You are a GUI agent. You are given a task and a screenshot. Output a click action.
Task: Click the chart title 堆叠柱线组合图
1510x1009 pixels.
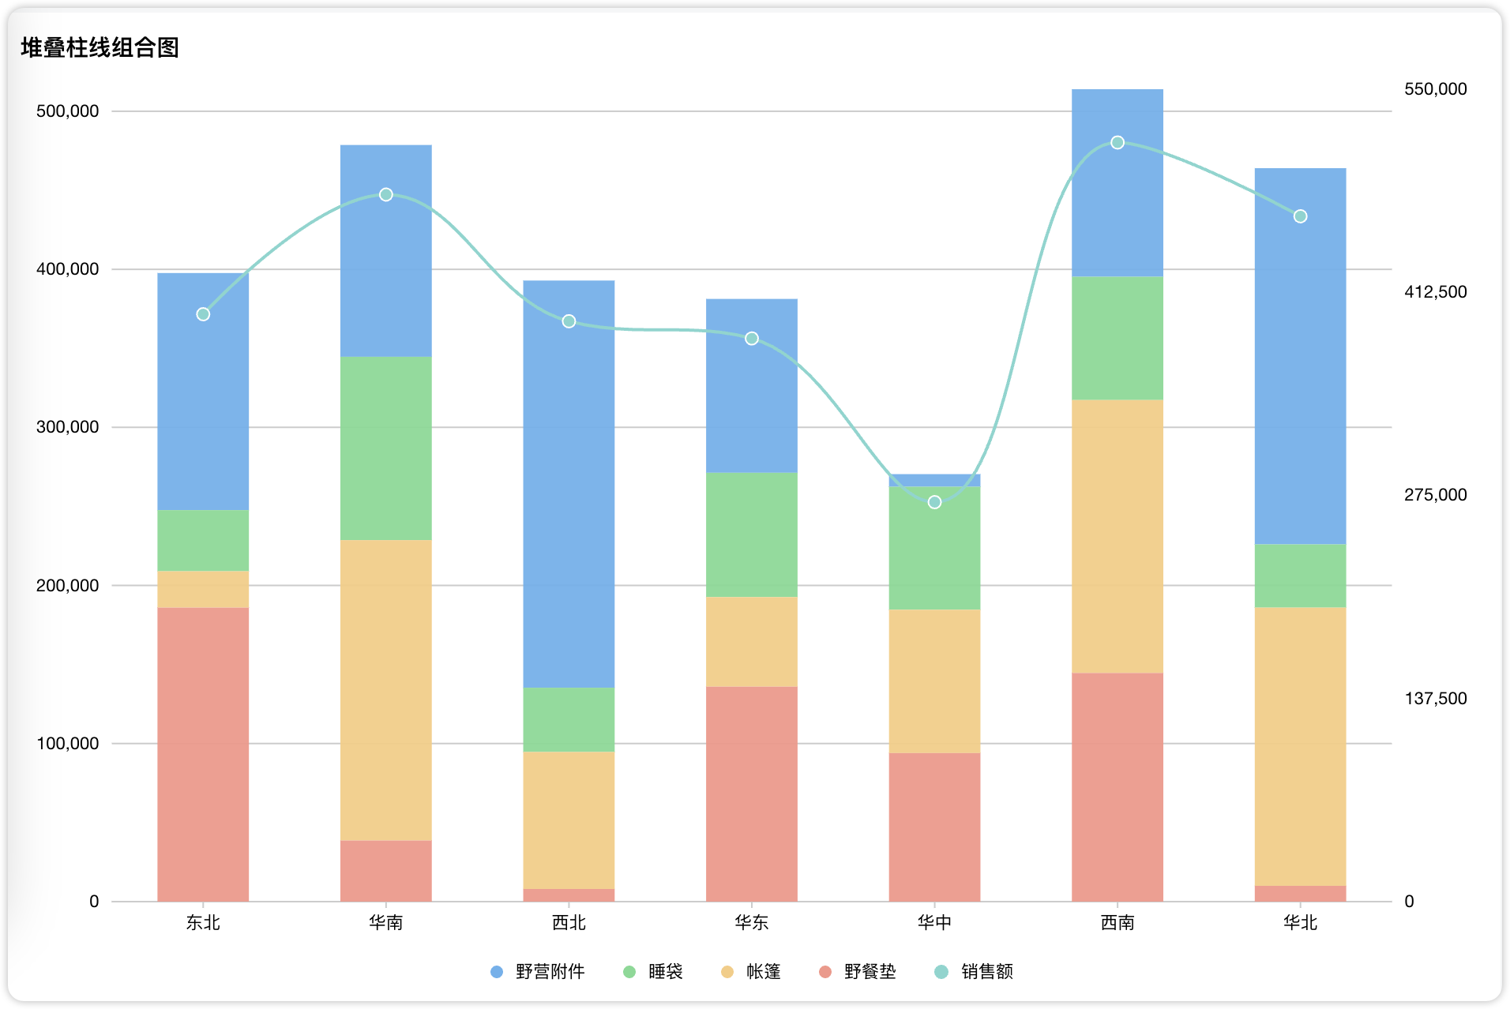point(100,48)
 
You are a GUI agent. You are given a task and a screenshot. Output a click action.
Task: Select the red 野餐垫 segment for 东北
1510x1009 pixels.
point(203,754)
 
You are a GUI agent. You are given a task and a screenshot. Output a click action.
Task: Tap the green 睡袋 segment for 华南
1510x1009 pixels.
point(386,448)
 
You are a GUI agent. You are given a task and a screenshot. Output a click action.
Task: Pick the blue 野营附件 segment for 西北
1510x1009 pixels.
point(569,484)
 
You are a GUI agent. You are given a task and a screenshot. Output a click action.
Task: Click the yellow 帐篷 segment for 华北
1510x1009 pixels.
point(1300,746)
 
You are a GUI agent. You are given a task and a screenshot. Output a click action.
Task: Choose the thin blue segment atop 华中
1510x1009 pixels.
point(934,480)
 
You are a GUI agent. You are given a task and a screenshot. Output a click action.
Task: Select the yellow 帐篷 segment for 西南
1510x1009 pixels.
point(1117,536)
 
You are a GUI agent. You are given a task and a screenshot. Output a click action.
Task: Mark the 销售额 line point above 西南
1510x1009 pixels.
point(1117,143)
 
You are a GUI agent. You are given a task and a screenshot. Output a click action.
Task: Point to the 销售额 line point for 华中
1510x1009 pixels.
point(934,502)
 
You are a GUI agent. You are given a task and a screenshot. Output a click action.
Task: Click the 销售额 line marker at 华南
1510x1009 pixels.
point(386,194)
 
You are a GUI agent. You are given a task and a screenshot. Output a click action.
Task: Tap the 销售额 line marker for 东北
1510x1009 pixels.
point(203,314)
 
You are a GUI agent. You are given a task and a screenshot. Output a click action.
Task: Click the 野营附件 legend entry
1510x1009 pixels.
point(538,971)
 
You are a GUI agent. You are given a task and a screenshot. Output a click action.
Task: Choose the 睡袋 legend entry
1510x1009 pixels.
point(653,971)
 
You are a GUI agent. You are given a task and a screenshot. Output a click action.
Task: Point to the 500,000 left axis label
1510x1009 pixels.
point(68,111)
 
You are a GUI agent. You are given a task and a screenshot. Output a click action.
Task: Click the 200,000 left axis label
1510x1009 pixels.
point(68,586)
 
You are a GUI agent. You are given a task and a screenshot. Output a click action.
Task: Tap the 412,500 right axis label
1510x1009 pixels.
point(1435,292)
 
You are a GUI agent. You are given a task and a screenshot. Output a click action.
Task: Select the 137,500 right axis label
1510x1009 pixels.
point(1435,699)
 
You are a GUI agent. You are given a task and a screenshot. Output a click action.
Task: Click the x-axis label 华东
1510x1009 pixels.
point(752,922)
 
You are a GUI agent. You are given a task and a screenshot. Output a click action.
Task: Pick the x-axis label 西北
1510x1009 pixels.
point(569,922)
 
